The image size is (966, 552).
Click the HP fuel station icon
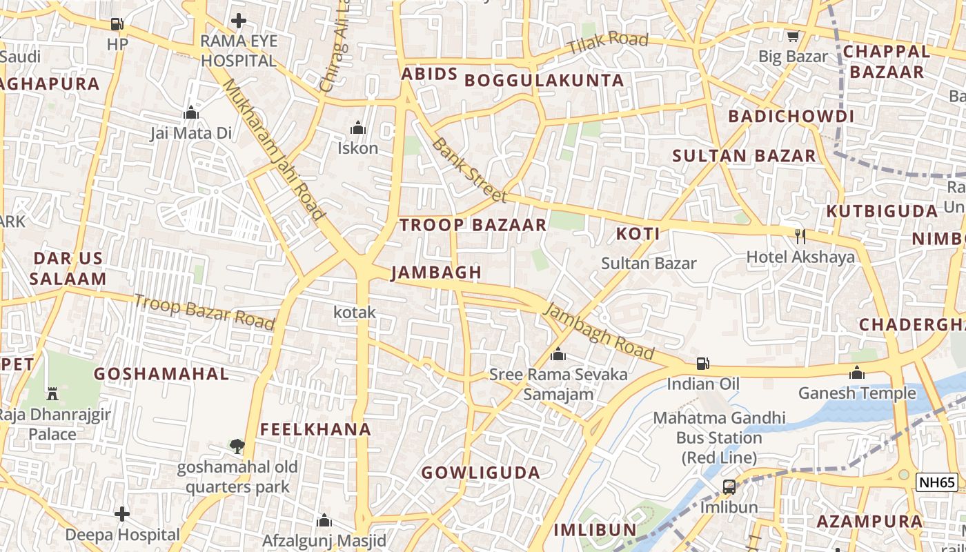point(117,24)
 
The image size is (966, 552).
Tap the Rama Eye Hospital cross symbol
point(239,21)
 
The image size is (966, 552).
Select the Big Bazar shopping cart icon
point(793,36)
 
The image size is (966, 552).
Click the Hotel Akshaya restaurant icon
point(800,237)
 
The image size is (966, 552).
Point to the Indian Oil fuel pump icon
point(702,363)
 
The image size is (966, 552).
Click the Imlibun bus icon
point(729,487)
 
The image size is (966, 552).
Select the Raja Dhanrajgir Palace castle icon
point(52,394)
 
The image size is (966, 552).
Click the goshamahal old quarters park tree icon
point(237,446)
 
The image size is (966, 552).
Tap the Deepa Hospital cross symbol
point(122,514)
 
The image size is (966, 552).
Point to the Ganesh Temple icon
point(857,373)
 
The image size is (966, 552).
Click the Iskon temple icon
point(357,128)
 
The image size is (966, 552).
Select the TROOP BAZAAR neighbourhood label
point(473,224)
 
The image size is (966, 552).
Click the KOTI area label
point(638,233)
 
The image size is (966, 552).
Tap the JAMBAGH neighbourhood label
point(436,273)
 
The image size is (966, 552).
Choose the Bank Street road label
point(469,170)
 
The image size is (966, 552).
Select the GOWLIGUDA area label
point(480,473)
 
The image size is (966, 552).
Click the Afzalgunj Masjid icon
point(324,520)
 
